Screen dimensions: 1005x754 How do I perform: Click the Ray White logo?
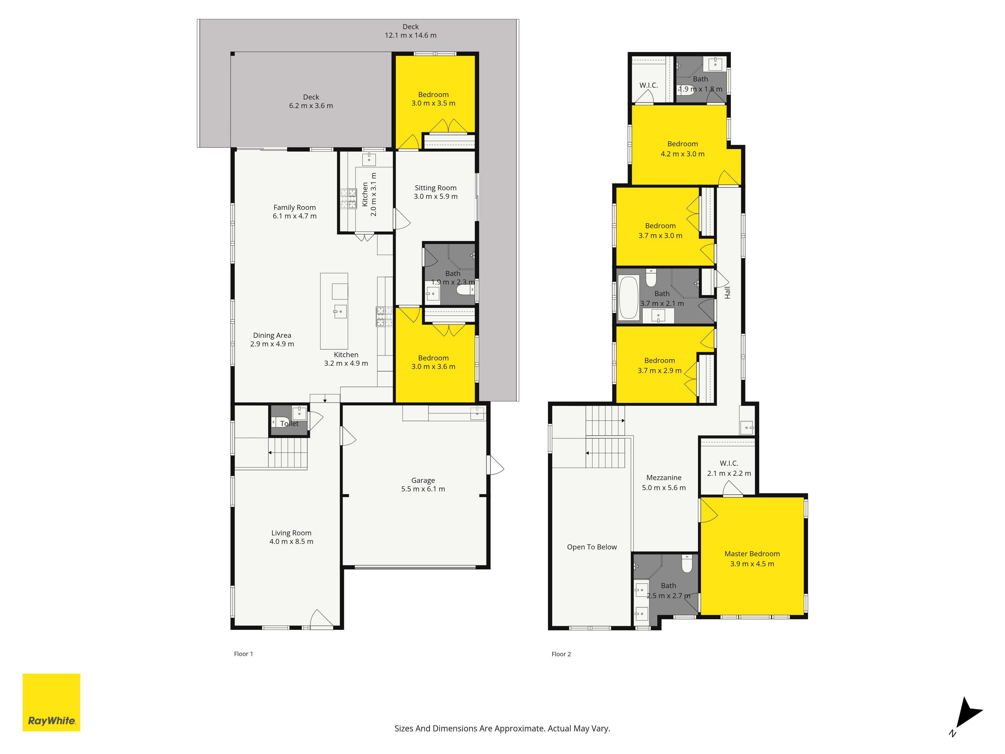(x=51, y=702)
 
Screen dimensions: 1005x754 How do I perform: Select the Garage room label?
(x=423, y=485)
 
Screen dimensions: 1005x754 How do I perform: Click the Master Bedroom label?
(x=752, y=558)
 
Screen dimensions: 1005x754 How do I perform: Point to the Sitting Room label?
(x=435, y=192)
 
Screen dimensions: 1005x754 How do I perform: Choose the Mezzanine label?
(x=664, y=482)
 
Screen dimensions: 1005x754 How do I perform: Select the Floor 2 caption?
(x=561, y=654)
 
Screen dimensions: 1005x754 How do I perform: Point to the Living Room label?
(x=291, y=537)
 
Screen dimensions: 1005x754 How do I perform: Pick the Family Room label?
(x=294, y=211)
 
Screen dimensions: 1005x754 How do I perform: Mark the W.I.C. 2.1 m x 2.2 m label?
(x=729, y=468)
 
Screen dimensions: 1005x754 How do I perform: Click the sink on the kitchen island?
(x=340, y=311)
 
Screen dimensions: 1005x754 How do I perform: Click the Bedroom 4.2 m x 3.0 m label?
(x=682, y=149)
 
